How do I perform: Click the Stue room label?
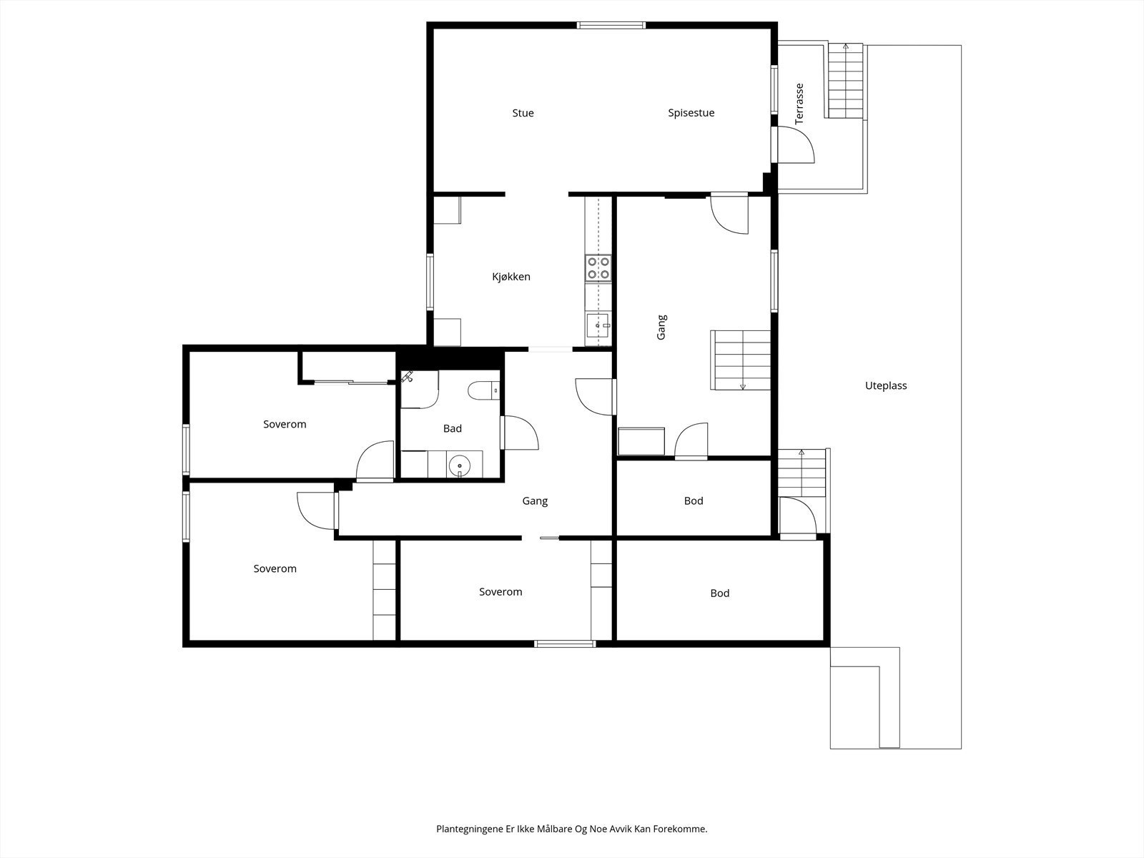523,113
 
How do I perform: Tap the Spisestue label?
691,113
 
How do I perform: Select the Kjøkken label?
511,277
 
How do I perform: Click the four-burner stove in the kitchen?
598,267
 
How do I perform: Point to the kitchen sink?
598,326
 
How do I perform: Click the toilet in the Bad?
484,391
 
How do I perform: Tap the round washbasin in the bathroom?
458,466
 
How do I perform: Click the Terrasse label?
799,104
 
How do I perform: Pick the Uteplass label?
885,385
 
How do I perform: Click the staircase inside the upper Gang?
741,360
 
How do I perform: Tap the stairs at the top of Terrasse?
846,81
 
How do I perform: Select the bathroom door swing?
520,433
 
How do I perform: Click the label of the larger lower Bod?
719,593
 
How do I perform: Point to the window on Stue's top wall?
611,26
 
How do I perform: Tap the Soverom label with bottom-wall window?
500,591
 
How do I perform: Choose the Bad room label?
452,428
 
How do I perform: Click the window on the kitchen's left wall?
430,282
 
